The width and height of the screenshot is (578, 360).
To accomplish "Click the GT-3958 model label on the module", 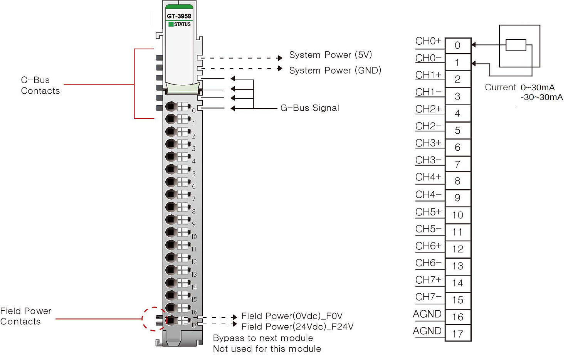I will pos(179,16).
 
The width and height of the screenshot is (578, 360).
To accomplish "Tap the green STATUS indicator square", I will pos(171,24).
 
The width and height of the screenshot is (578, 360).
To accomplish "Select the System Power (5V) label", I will pos(330,55).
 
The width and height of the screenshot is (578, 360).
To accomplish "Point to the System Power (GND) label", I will pos(335,71).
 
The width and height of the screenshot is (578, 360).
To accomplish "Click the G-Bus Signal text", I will pos(309,108).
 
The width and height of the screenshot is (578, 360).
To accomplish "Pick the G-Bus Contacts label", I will pos(40,86).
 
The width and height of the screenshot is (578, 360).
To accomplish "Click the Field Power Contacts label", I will pos(25,316).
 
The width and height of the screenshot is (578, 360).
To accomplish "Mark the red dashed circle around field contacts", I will pos(154,319).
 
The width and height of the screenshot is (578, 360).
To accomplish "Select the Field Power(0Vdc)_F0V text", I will pos(292,316).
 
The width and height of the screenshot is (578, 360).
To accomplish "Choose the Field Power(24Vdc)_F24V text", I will pos(297,327).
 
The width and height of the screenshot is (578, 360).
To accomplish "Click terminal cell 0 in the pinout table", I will pos(458,45).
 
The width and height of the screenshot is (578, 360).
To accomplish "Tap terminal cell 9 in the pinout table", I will pos(458,198).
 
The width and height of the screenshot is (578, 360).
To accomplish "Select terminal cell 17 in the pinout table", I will pos(458,334).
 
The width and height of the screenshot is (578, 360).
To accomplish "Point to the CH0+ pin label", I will pos(428,41).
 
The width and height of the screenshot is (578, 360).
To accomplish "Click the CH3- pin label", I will pos(428,160).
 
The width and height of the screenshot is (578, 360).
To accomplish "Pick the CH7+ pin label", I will pos(428,280).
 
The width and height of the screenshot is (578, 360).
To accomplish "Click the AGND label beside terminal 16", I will pos(427,314).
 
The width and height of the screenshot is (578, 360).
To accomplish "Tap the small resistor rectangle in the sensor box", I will pos(516,45).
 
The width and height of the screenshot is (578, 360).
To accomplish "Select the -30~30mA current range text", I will pos(541,97).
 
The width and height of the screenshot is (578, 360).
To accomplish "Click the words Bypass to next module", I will pos(263,338).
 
